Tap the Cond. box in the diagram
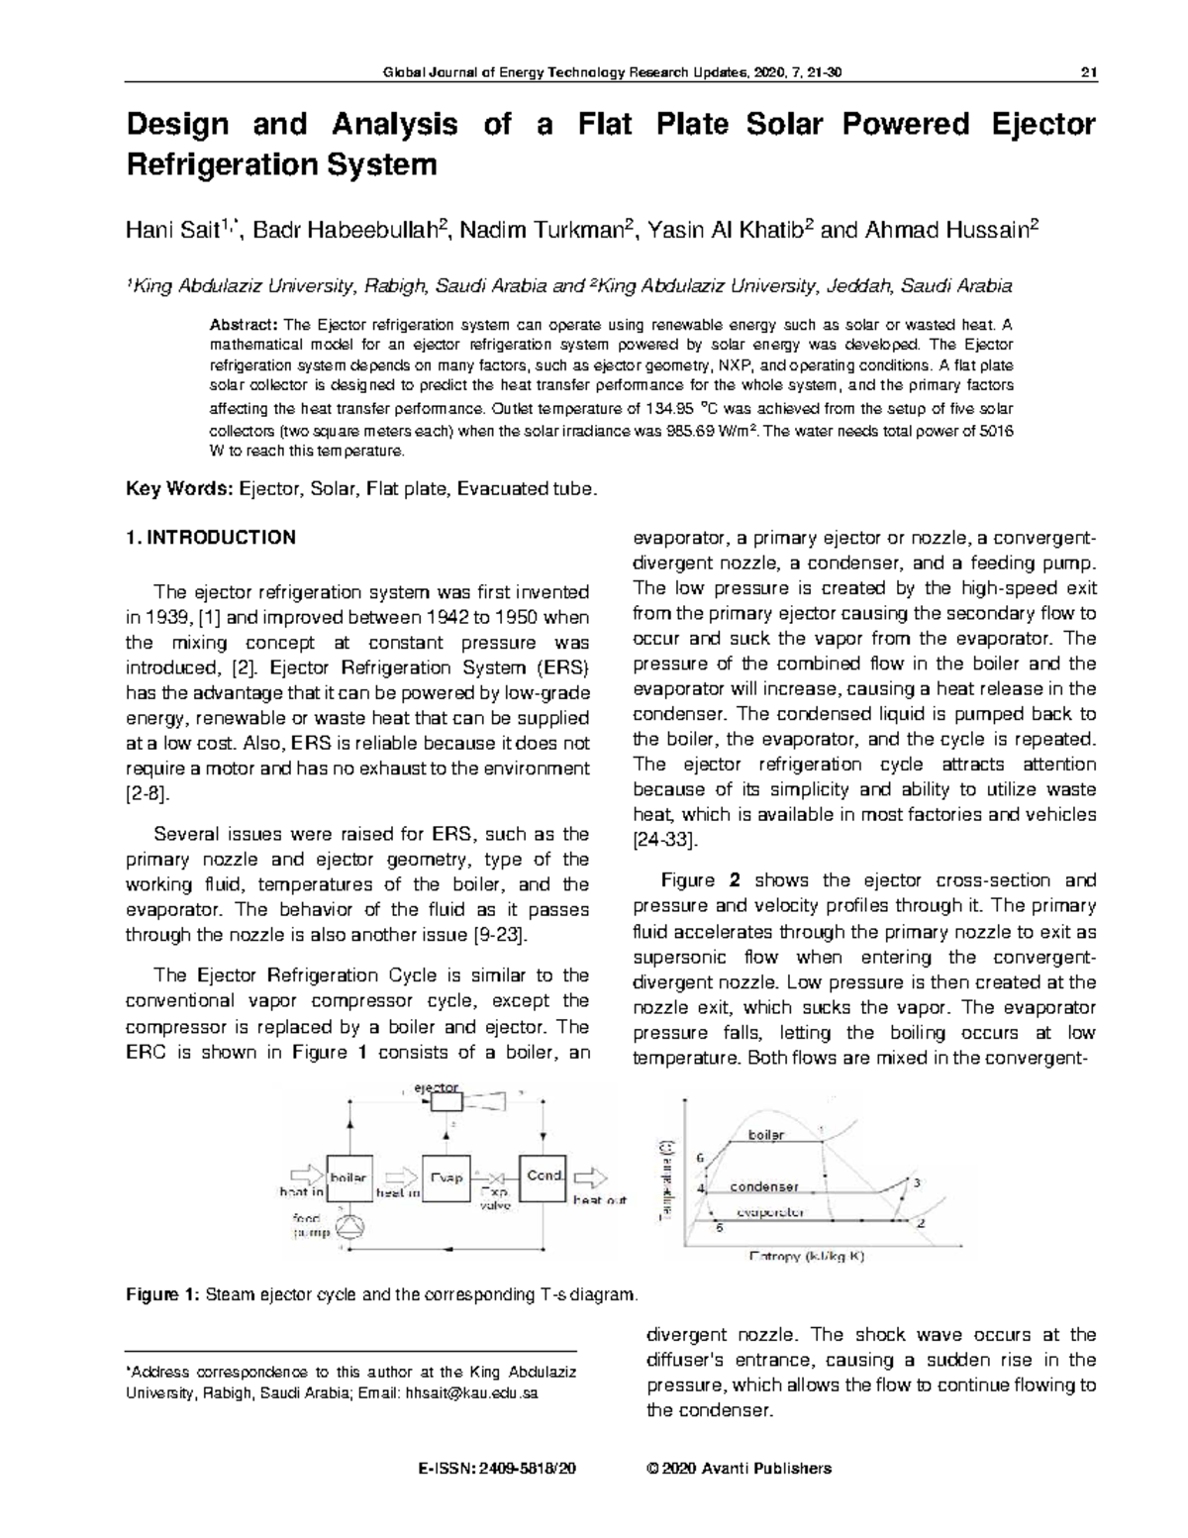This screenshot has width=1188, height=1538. pos(544,1178)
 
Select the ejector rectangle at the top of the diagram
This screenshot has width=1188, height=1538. pos(439,1102)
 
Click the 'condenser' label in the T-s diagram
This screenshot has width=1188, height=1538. pos(763,1186)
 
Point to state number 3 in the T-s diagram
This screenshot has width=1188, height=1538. pos(917,1183)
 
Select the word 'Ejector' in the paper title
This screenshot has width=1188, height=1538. pos(1042,125)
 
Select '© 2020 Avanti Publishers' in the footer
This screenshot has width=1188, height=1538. pos(738,1469)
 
